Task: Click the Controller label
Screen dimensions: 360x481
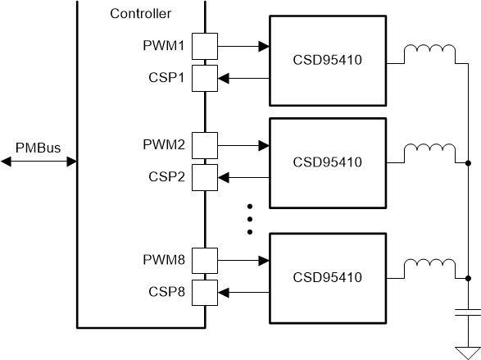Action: tap(140, 14)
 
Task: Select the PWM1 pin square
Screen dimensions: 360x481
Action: tap(204, 47)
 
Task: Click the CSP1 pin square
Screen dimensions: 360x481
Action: tap(204, 78)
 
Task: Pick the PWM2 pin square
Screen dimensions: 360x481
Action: tap(204, 146)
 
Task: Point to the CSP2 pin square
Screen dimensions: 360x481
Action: tap(204, 176)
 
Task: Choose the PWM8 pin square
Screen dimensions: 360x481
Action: tap(204, 261)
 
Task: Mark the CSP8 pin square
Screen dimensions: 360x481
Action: tap(204, 291)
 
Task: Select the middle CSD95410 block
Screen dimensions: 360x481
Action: tap(326, 161)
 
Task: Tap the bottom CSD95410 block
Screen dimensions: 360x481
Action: tap(326, 276)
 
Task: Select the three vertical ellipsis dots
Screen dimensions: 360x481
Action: tap(252, 218)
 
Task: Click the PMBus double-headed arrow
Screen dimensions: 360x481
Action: tap(38, 162)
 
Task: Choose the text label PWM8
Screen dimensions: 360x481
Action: tap(165, 261)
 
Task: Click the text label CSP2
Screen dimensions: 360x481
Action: tap(166, 176)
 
